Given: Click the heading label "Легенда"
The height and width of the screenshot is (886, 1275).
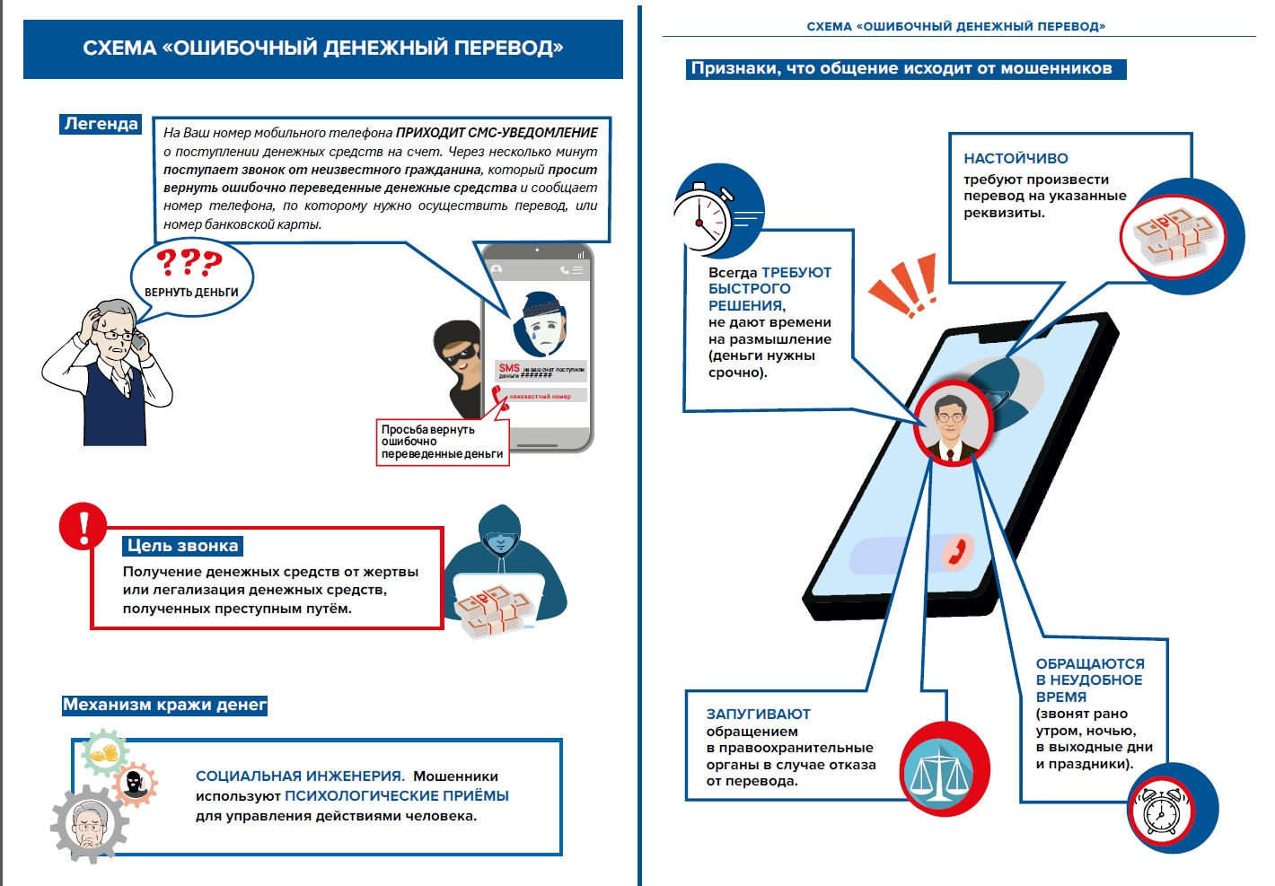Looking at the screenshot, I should (x=101, y=124).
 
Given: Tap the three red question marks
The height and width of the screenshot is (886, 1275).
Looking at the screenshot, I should (x=189, y=263).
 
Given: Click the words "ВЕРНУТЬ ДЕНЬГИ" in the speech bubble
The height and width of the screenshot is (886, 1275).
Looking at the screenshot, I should (x=191, y=293).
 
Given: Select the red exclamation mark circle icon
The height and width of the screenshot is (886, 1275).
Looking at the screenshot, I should (x=83, y=526).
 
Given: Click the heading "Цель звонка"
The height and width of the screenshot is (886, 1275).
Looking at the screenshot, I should (x=182, y=546).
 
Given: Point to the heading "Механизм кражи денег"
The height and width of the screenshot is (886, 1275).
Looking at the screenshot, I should (x=164, y=706).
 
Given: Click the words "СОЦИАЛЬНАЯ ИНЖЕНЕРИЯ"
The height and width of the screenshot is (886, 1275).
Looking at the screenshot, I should (x=299, y=776).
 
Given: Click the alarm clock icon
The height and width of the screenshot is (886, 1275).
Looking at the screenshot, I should (x=1161, y=813).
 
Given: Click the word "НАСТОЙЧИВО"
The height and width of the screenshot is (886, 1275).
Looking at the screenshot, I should (x=1016, y=159).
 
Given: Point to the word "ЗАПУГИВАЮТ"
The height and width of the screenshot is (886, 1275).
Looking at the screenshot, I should (x=758, y=715).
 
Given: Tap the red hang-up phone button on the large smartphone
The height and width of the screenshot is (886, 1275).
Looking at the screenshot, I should (x=957, y=551).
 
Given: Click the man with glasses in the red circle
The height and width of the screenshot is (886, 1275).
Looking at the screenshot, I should (x=952, y=425).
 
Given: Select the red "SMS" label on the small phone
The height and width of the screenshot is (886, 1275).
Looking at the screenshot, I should (x=509, y=368).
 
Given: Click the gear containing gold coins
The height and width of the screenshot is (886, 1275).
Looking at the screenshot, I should (x=105, y=752).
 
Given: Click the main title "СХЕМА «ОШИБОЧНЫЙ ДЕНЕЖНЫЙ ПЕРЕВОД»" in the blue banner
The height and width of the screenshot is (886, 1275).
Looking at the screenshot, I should (x=323, y=48).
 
